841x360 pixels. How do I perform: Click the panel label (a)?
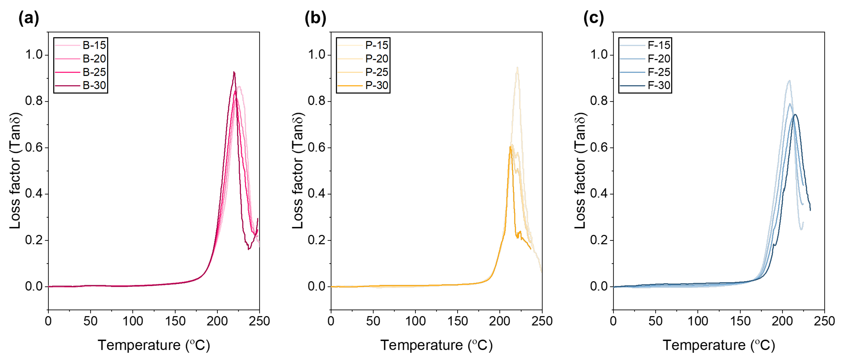pyautogui.click(x=29, y=18)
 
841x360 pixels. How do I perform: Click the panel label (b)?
pyautogui.click(x=315, y=18)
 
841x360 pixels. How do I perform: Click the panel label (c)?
pyautogui.click(x=594, y=18)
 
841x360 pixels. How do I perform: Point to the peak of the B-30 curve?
pyautogui.click(x=234, y=72)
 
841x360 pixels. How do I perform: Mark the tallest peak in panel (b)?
pyautogui.click(x=517, y=67)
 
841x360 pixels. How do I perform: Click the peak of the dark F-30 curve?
pyautogui.click(x=795, y=115)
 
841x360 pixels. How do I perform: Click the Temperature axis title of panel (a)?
pyautogui.click(x=154, y=345)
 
